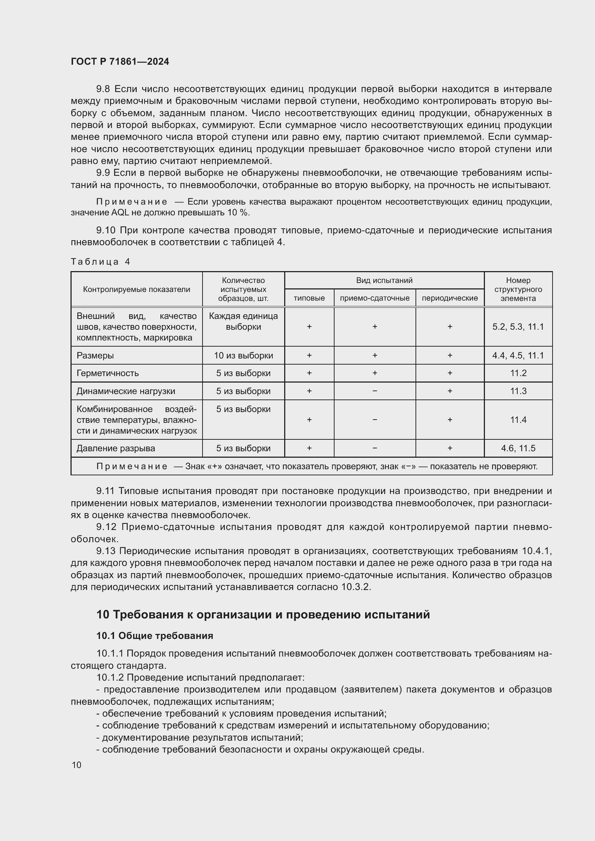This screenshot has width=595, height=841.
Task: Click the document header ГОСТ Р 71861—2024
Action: pyautogui.click(x=120, y=61)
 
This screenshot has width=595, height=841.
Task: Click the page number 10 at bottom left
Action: pyautogui.click(x=77, y=765)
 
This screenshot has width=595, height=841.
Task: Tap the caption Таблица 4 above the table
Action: pyautogui.click(x=100, y=261)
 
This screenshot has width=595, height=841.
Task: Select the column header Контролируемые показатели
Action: pyautogui.click(x=136, y=289)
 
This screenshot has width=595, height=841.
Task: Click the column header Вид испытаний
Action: pyautogui.click(x=384, y=280)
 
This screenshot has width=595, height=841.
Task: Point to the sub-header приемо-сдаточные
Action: pyautogui.click(x=374, y=298)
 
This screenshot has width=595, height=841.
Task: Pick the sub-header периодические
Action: pyautogui.click(x=450, y=298)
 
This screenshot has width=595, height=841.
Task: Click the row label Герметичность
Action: pyautogui.click(x=108, y=373)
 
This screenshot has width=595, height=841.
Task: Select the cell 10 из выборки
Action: pyautogui.click(x=243, y=355)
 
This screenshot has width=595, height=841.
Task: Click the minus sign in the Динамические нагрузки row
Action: pyautogui.click(x=374, y=391)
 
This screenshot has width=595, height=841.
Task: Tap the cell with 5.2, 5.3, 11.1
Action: pyautogui.click(x=518, y=327)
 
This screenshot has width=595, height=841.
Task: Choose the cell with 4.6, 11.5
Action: pyautogui.click(x=518, y=448)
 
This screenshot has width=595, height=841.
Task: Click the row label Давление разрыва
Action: pyautogui.click(x=116, y=448)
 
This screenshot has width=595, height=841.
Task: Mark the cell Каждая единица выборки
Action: pyautogui.click(x=243, y=321)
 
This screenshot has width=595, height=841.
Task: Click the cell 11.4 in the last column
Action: pyautogui.click(x=518, y=420)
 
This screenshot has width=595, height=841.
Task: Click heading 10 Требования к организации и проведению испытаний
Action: pyautogui.click(x=263, y=614)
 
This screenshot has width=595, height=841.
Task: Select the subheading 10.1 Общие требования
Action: pyautogui.click(x=155, y=635)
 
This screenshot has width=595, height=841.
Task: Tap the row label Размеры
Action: pyautogui.click(x=95, y=355)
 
